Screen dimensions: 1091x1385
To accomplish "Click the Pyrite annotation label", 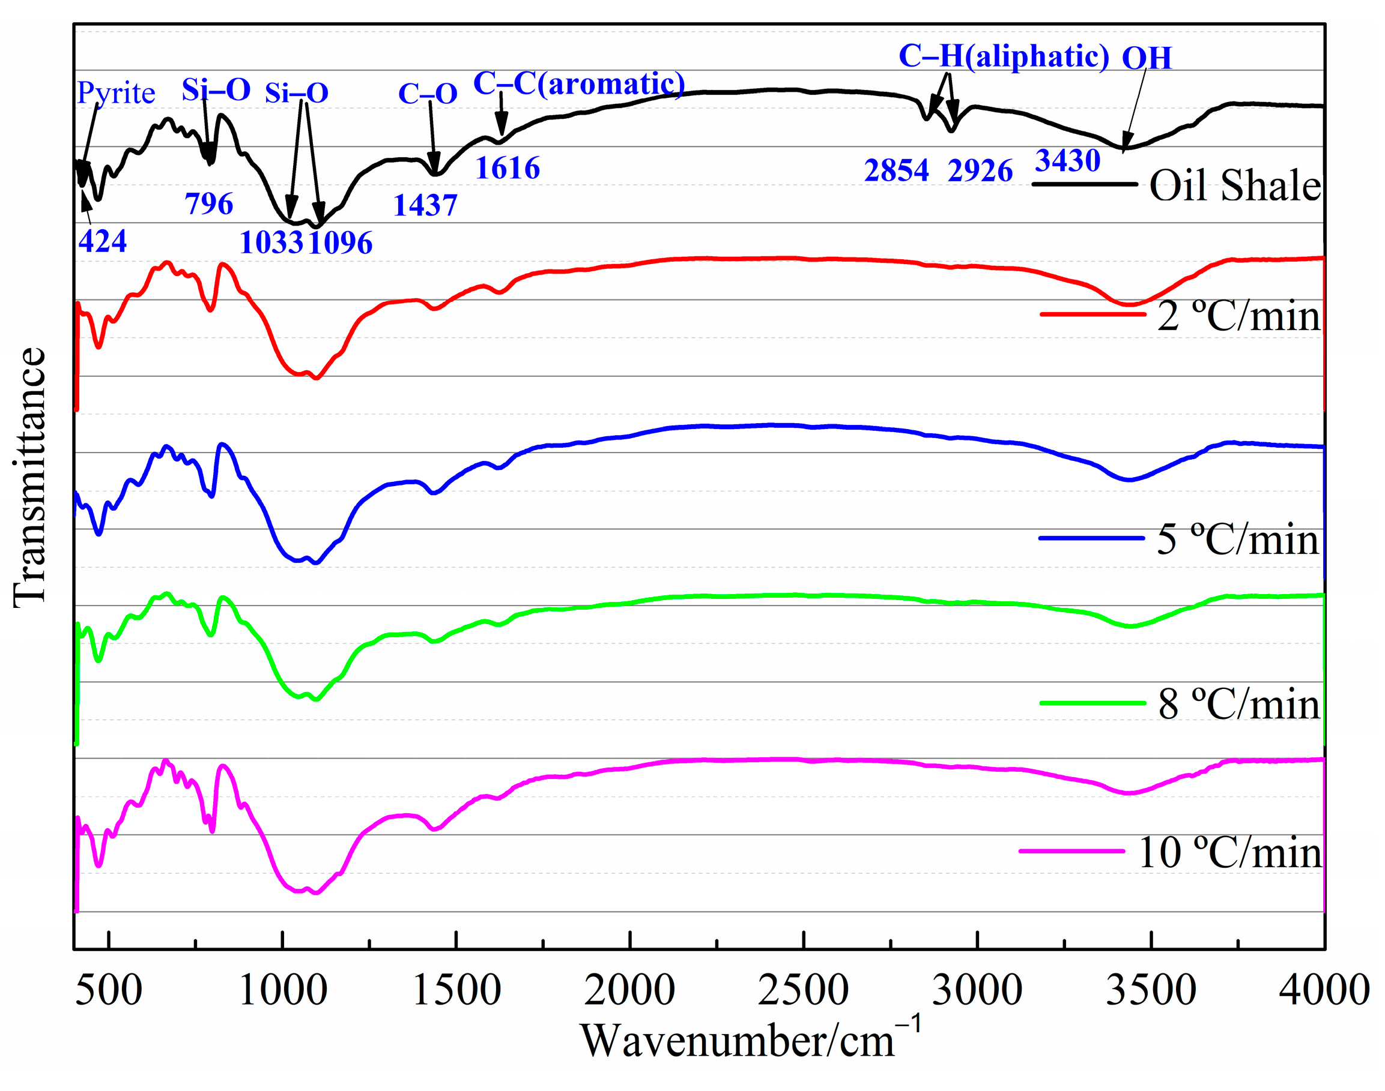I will pyautogui.click(x=116, y=93).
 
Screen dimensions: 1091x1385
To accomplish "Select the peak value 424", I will pyautogui.click(x=102, y=241).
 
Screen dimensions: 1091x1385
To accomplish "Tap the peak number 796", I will pyautogui.click(x=208, y=204).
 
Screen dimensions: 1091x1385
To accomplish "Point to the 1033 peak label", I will pyautogui.click(x=271, y=242).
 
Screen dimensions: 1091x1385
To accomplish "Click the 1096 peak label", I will pyautogui.click(x=340, y=242).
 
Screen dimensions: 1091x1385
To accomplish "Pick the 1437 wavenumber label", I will pyautogui.click(x=425, y=205).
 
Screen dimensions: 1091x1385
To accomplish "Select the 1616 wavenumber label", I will pyautogui.click(x=508, y=168).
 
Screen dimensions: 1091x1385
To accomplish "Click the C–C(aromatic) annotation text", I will pyautogui.click(x=578, y=83).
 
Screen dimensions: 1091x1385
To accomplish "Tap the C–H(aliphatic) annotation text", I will pyautogui.click(x=1004, y=56).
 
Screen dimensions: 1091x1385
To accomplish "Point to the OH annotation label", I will pyautogui.click(x=1147, y=58).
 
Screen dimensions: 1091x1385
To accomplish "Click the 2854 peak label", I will pyautogui.click(x=896, y=170).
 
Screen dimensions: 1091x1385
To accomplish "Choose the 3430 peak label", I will pyautogui.click(x=1067, y=160).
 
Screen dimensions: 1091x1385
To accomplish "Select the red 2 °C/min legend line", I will pyautogui.click(x=1093, y=314).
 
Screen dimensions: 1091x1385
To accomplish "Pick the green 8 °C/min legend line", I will pyautogui.click(x=1093, y=703).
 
